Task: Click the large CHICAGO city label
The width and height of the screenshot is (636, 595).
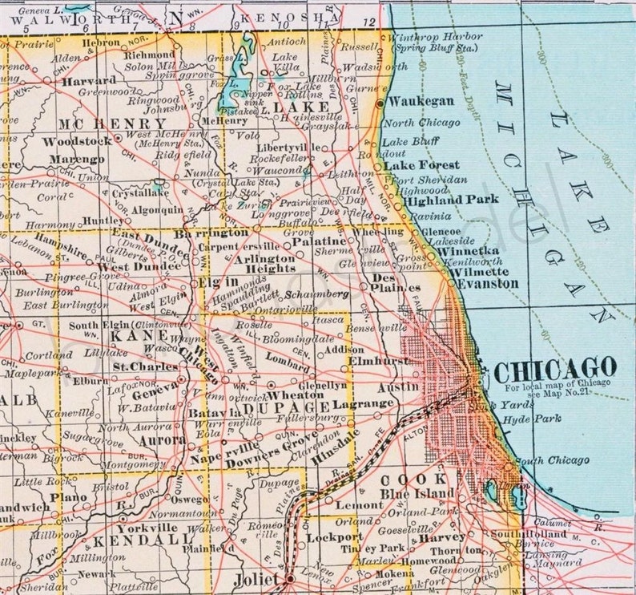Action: pos(555,370)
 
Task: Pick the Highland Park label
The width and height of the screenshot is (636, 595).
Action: pos(452,200)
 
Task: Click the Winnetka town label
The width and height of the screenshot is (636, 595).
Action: pos(469,250)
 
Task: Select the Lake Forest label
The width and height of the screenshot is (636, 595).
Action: pos(421,164)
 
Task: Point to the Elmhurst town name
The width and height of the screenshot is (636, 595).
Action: pos(378,362)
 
